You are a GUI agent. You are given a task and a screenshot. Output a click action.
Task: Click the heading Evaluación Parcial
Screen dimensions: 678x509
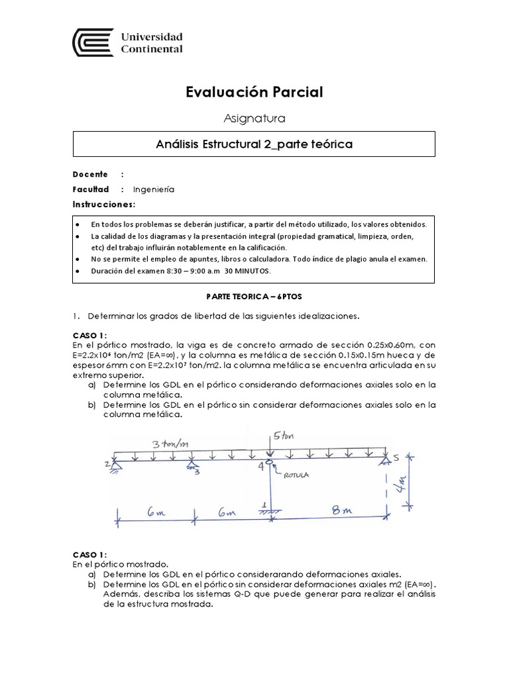(254, 92)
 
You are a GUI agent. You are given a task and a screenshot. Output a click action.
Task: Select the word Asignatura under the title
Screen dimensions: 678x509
(254, 119)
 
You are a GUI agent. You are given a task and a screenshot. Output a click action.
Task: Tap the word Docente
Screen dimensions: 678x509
(90, 174)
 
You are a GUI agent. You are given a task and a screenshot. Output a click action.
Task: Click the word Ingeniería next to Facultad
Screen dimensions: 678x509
(154, 189)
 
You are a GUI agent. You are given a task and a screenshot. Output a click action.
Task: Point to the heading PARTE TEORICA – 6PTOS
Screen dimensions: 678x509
(254, 299)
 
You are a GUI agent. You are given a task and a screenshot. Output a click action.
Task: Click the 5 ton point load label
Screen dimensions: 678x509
(282, 435)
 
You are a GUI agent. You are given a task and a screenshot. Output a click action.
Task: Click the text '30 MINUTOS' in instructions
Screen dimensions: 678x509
(249, 271)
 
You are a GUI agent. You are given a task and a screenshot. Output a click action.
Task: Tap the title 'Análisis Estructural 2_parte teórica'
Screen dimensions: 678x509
(254, 144)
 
